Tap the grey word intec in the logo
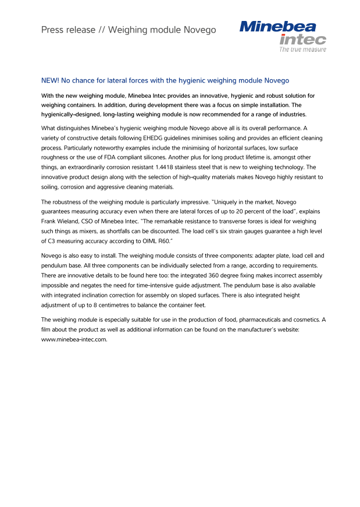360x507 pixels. [302, 40]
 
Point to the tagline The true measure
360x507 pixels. [302, 50]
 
